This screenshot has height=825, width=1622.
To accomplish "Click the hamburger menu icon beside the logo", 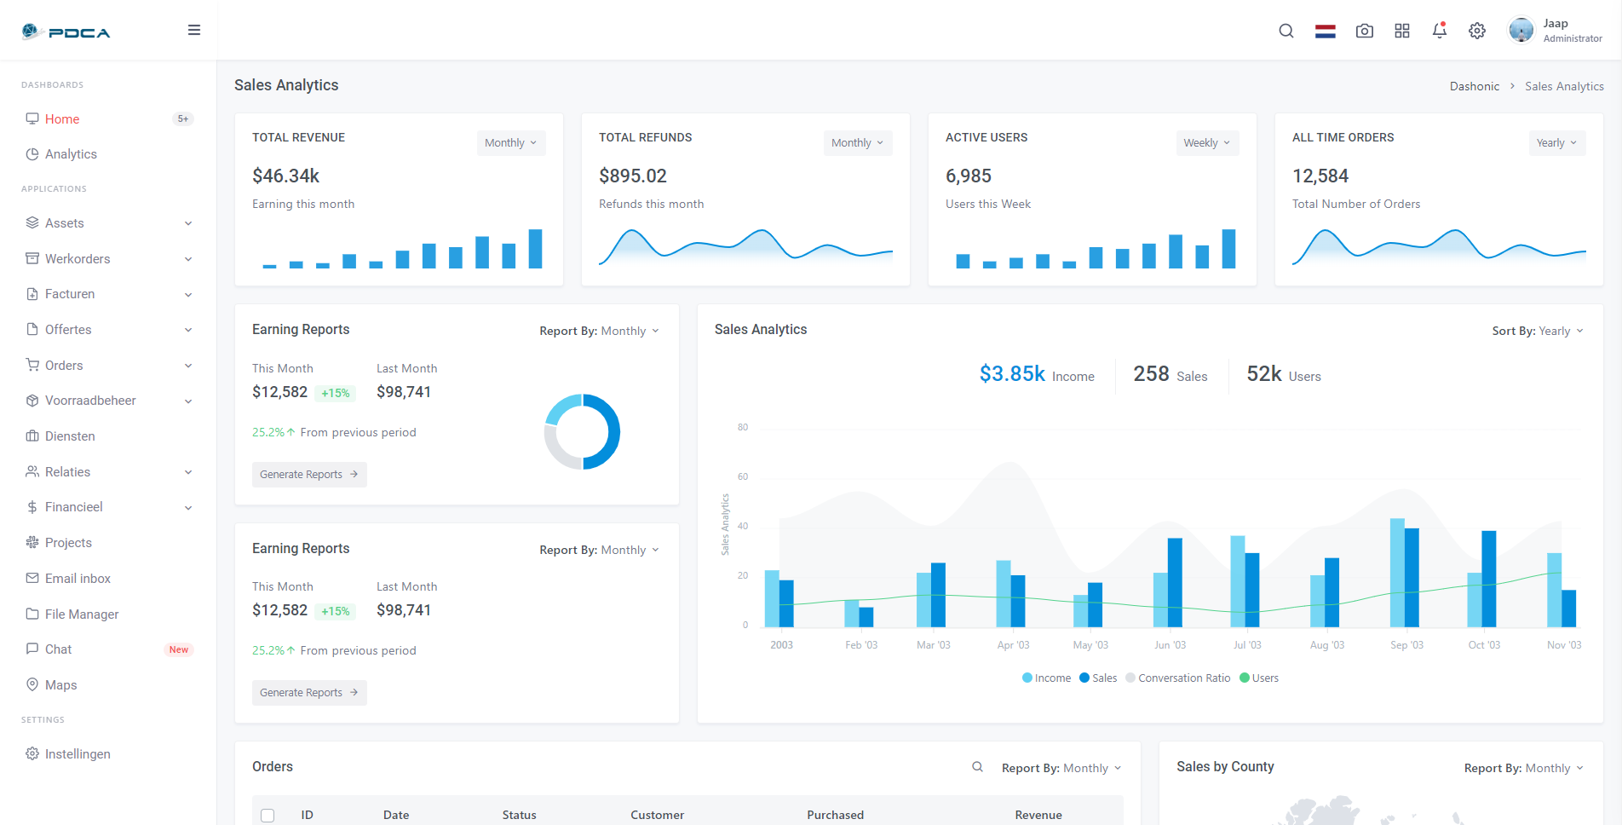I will [194, 30].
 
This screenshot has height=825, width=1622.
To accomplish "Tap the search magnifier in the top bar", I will [1286, 31].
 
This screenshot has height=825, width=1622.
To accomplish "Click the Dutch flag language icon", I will [1326, 32].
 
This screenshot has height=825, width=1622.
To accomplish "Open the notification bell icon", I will [1440, 31].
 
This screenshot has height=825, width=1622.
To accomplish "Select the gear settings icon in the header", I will [1477, 31].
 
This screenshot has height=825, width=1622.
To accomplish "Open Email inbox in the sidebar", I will [78, 579].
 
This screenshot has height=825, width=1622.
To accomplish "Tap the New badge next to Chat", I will [179, 649].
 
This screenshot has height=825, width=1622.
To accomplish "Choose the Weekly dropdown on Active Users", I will [1206, 143].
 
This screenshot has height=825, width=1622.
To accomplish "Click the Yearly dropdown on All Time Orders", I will [1556, 143].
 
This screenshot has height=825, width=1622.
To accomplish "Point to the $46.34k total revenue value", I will [285, 176].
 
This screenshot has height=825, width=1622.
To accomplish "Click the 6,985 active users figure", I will [969, 176].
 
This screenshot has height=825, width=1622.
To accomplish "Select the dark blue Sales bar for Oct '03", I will [1489, 580].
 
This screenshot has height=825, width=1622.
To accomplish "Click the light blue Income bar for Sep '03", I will [1397, 573].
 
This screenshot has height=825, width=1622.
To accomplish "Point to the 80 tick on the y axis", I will [743, 427].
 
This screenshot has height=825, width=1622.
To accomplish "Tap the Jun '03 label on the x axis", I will [1170, 645].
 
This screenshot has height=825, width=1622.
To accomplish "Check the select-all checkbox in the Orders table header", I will [267, 816].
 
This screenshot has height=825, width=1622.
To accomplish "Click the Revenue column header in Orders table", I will [1038, 816].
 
